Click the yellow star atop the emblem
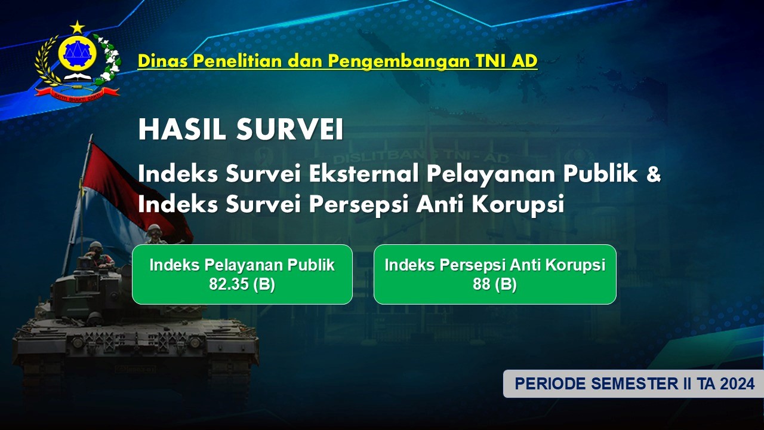[78, 27]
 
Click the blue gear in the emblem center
[77, 53]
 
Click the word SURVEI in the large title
[290, 130]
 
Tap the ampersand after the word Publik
[653, 174]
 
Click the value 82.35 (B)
[242, 284]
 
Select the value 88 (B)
[495, 284]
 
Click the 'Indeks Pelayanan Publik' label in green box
[242, 265]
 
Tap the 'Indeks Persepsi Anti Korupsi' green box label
[495, 265]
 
